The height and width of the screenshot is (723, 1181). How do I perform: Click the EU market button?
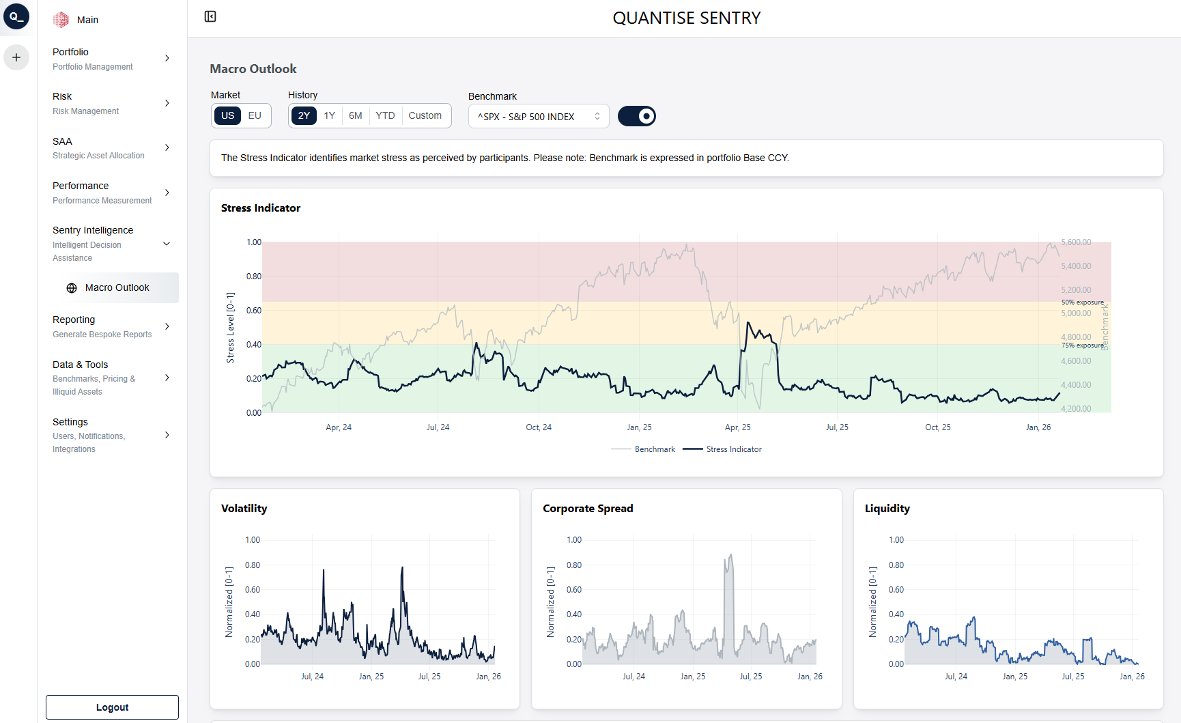click(255, 115)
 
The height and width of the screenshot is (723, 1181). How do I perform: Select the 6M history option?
click(355, 115)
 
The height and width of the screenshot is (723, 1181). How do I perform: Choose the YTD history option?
click(385, 115)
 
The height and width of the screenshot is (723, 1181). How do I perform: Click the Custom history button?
click(425, 115)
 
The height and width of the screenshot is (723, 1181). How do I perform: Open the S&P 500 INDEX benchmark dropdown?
click(539, 116)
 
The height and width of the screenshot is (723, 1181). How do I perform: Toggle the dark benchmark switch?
click(636, 116)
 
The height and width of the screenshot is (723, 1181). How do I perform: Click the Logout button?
click(112, 707)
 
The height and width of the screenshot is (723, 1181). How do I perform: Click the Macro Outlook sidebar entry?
click(117, 287)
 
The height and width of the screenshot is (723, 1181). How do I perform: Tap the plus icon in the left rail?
click(16, 57)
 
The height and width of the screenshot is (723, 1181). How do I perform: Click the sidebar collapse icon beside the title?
click(210, 16)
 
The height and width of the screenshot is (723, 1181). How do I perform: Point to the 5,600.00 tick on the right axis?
click(1076, 242)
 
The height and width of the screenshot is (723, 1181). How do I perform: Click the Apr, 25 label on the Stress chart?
click(737, 427)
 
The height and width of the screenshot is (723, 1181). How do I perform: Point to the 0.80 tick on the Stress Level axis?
click(254, 277)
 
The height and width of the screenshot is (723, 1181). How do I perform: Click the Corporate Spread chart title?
click(588, 509)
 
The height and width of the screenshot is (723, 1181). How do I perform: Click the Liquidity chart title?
click(887, 509)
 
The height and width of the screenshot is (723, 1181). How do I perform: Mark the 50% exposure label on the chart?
click(1082, 302)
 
